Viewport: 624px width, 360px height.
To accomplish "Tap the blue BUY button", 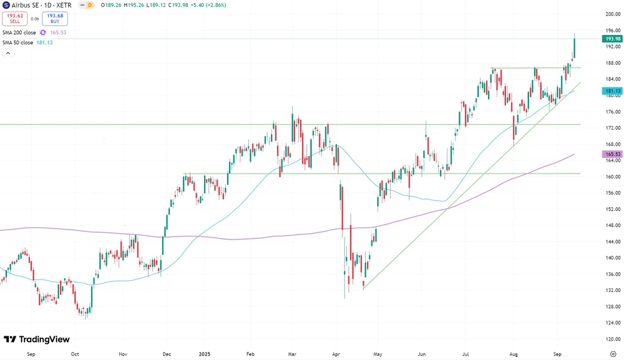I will coord(55,19).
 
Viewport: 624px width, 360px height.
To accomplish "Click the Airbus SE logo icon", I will coord(6,5).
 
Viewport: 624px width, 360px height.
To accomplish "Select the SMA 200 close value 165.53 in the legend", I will coord(58,32).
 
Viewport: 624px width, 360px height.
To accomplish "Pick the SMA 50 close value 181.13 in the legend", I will coord(44,42).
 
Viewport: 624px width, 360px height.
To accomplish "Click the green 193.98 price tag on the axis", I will coord(612,39).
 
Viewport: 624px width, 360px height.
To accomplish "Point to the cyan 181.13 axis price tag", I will coord(612,91).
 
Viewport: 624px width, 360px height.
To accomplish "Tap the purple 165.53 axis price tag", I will coord(612,154).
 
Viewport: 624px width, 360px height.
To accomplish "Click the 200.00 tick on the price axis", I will coord(612,14).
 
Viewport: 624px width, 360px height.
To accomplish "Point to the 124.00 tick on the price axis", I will coord(612,323).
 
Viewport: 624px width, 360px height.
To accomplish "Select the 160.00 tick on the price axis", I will coord(612,177).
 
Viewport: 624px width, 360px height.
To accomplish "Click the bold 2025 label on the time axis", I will coord(205,353).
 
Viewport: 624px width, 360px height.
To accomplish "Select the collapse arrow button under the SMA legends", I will coord(8,53).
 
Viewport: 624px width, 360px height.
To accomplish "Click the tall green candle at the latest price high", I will coord(574,46).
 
